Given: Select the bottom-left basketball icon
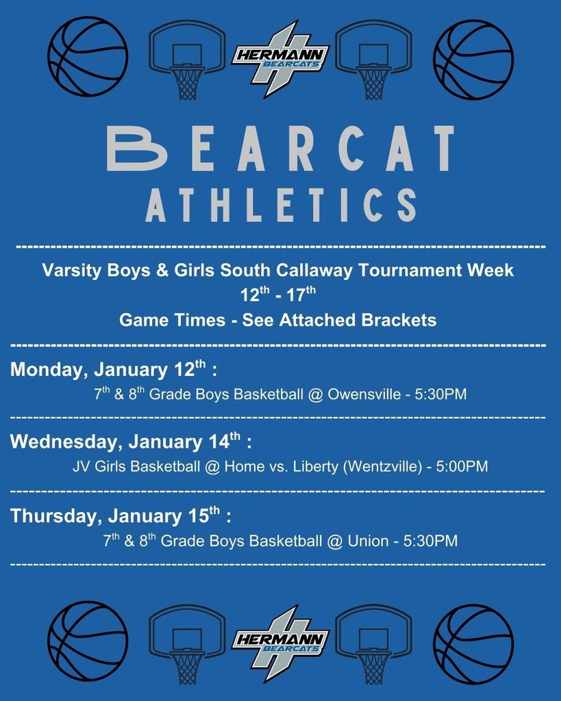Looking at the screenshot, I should pyautogui.click(x=88, y=641).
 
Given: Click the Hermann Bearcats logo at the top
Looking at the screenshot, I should pyautogui.click(x=280, y=59).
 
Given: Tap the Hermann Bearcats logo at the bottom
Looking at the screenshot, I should pyautogui.click(x=280, y=642).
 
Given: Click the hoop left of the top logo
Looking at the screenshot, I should pyautogui.click(x=187, y=59).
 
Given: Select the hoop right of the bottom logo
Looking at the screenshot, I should pyautogui.click(x=373, y=642).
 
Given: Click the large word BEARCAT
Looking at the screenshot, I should pyautogui.click(x=280, y=148).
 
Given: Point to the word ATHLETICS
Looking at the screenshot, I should pyautogui.click(x=280, y=205).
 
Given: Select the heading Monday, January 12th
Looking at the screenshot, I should pyautogui.click(x=114, y=370).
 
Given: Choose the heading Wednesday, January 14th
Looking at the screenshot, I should pyautogui.click(x=131, y=441).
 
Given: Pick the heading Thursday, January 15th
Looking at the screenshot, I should pyautogui.click(x=121, y=515).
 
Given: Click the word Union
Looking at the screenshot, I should pyautogui.click(x=368, y=541).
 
